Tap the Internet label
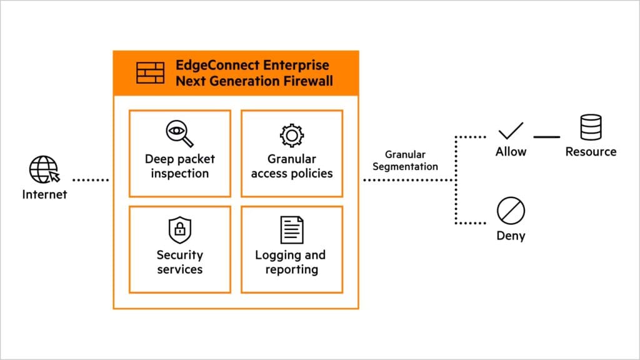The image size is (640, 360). click(44, 194)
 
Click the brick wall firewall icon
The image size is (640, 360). click(150, 73)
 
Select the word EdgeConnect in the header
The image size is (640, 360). click(211, 66)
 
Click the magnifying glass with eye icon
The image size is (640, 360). click(179, 134)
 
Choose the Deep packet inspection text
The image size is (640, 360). click(179, 166)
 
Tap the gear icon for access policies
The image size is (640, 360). click(291, 135)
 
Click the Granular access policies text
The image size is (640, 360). click(291, 166)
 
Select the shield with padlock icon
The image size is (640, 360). click(179, 230)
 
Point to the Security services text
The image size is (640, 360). click(179, 262)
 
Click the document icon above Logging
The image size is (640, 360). click(291, 229)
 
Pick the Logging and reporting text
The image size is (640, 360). click(291, 262)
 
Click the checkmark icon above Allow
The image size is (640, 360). click(511, 130)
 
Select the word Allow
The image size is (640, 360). click(511, 152)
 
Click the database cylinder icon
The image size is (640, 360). click(591, 127)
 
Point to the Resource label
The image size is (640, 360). click(591, 152)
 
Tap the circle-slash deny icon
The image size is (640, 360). click(510, 212)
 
